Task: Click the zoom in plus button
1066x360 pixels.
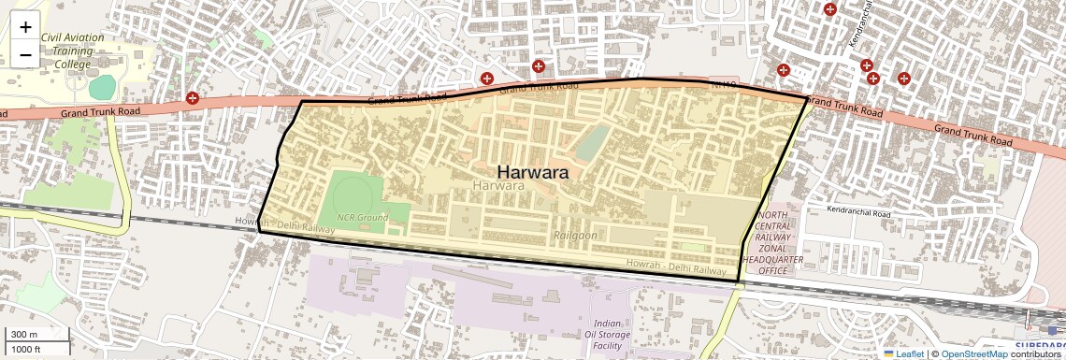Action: pos(25,27)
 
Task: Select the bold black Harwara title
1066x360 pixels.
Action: pos(533,172)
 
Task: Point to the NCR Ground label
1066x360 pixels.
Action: pos(362,217)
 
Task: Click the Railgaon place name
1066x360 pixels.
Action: pos(575,236)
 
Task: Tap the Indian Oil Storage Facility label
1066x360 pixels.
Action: pos(612,334)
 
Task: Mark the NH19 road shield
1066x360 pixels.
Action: pos(725,84)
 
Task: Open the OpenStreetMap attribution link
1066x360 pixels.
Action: pos(973,353)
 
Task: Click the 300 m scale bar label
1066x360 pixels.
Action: pos(24,335)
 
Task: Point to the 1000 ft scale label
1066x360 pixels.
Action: pos(26,349)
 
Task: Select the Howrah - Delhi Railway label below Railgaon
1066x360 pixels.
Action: pos(676,267)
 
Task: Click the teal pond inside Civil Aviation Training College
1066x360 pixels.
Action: pos(102,87)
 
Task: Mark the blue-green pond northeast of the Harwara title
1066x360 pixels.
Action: pos(591,144)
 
